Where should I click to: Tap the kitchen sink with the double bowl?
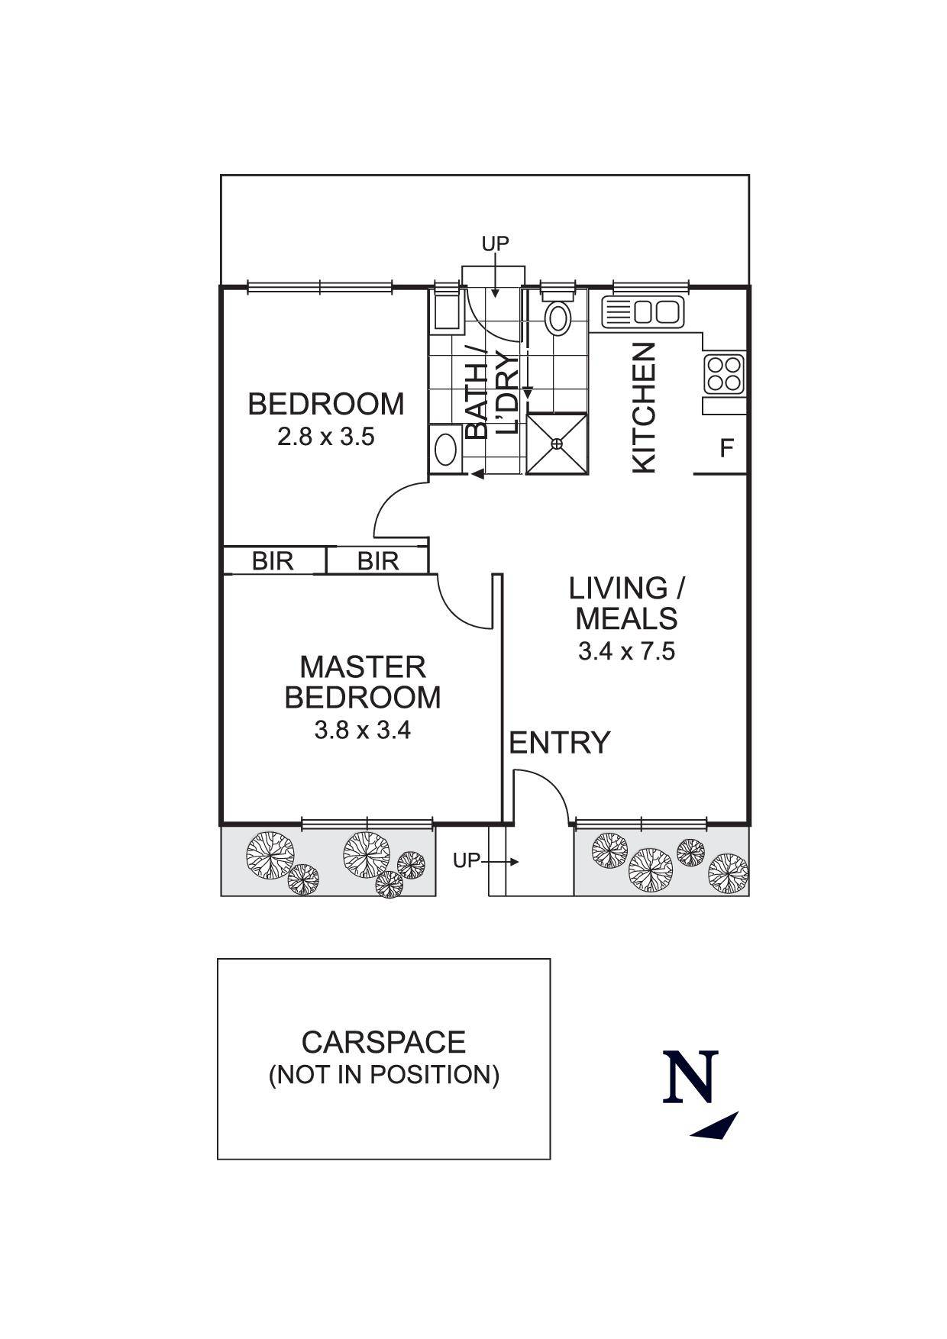[644, 311]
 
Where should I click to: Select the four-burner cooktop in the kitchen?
[724, 374]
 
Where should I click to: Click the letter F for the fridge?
[727, 448]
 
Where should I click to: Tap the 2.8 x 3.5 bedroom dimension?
[326, 437]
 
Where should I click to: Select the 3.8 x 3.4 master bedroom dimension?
[363, 731]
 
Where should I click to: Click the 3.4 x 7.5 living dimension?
[627, 651]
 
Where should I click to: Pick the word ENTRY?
[560, 742]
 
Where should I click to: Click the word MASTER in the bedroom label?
[363, 667]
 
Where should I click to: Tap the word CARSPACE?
[383, 1042]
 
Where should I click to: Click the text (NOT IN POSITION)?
[384, 1075]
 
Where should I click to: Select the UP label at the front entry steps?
[466, 861]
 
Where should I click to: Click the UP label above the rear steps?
[495, 244]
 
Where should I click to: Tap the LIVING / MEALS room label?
[627, 603]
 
